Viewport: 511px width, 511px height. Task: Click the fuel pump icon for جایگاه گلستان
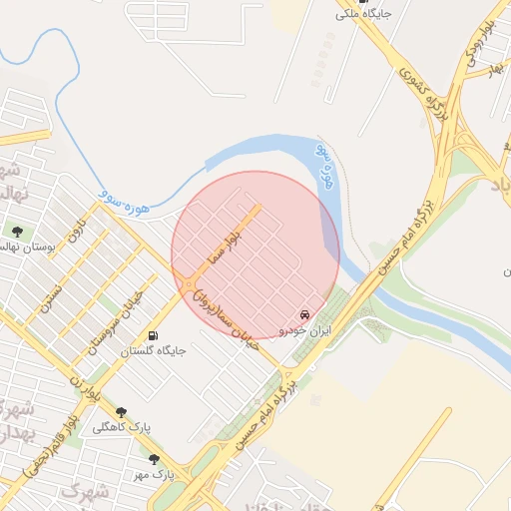point(153,335)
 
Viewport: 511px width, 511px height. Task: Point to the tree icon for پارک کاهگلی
point(122,411)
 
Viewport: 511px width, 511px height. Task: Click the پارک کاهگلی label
point(122,427)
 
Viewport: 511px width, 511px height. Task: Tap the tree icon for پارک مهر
point(154,459)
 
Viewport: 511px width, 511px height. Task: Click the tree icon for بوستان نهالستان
point(17,232)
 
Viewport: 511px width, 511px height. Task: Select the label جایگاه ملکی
point(363,14)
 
